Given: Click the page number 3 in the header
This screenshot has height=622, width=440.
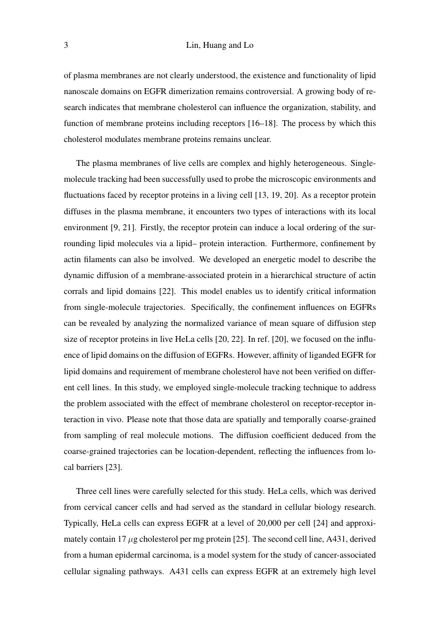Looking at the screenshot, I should click(65, 46).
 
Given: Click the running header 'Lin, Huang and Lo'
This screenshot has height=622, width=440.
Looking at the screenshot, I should click(220, 46).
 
